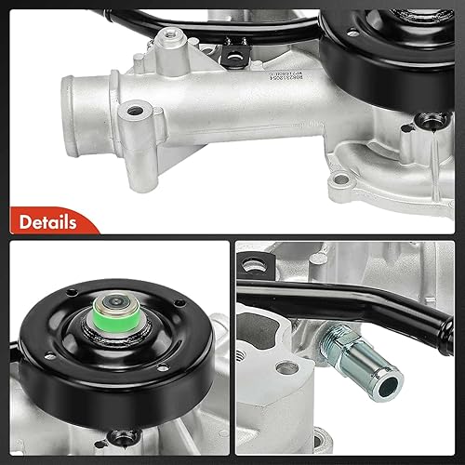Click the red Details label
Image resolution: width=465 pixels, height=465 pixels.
pyautogui.click(x=44, y=224)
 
